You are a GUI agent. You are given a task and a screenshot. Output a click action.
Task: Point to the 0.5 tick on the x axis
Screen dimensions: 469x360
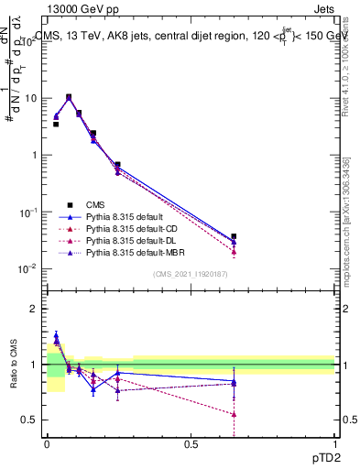191,443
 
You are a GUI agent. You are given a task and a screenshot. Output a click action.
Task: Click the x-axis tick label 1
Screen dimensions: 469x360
335,443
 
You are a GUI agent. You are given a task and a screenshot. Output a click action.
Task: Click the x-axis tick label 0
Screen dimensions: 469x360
47,443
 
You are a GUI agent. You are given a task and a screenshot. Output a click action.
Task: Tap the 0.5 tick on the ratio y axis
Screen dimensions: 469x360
28,420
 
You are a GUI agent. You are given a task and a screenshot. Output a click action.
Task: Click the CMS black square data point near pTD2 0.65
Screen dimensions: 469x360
234,236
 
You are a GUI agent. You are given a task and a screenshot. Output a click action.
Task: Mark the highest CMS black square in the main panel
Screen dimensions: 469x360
69,97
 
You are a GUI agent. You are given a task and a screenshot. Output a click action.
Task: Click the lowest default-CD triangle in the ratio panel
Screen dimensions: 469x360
234,414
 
